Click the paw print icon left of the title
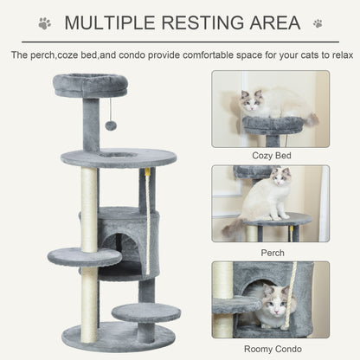click(x=44, y=23)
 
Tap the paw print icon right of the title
click(x=318, y=23)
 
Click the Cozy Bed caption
click(x=271, y=155)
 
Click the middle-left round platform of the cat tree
click(x=84, y=257)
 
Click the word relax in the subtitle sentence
click(x=336, y=55)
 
